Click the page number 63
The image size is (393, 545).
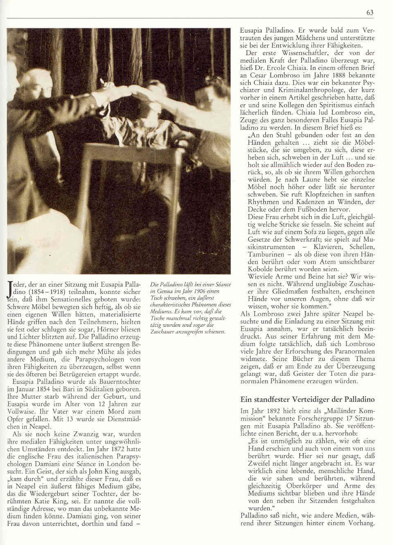tap(370, 13)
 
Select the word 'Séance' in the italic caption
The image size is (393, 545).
tap(221, 284)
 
